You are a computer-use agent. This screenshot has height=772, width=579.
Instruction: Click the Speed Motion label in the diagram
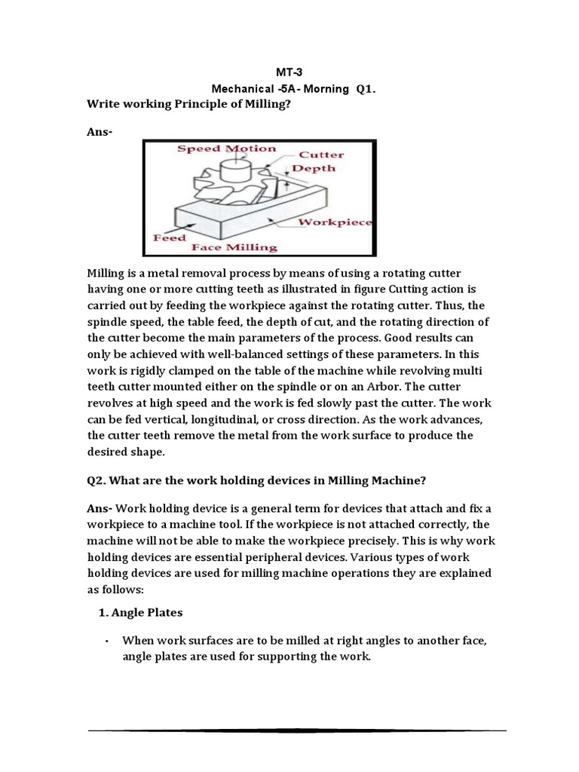click(226, 149)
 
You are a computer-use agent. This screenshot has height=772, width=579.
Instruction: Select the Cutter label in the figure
click(322, 155)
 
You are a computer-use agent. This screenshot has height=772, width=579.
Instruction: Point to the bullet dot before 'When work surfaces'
click(108, 641)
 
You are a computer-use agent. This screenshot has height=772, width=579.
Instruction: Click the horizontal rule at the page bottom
click(296, 730)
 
